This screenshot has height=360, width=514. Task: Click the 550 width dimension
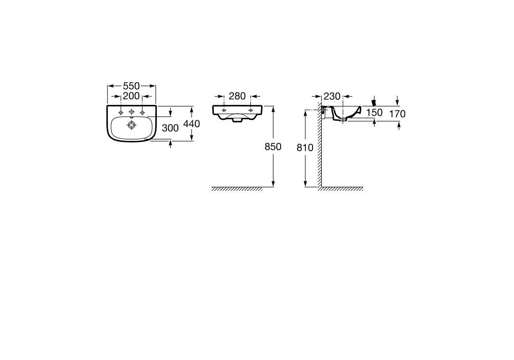click(x=131, y=86)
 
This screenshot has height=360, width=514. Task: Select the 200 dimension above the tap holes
click(x=131, y=96)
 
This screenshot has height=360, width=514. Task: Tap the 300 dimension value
click(x=170, y=128)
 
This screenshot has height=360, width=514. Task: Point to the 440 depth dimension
click(x=191, y=123)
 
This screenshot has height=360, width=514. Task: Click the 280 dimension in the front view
click(x=237, y=96)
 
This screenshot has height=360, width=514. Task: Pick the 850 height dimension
click(x=273, y=147)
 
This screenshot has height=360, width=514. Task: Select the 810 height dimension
click(x=305, y=148)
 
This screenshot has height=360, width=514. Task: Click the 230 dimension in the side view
click(x=332, y=96)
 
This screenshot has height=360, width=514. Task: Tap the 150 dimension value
click(x=374, y=113)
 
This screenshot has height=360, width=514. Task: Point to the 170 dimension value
click(x=397, y=114)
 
